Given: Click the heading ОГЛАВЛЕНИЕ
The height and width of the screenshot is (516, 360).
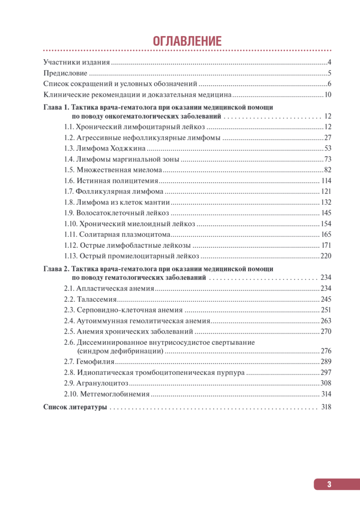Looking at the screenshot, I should (x=187, y=41).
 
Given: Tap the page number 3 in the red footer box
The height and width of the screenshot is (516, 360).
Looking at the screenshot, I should (x=329, y=484).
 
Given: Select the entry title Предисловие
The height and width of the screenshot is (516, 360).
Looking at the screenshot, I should (x=65, y=73).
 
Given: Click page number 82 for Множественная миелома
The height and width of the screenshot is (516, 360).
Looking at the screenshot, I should (x=327, y=170).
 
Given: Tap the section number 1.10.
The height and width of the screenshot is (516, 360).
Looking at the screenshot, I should (x=71, y=224).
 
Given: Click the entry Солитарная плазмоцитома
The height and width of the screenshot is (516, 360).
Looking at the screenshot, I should (x=125, y=235).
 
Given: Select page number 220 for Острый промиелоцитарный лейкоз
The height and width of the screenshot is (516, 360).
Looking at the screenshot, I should (x=326, y=256).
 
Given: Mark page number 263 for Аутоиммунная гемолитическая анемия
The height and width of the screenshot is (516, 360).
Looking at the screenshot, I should (x=326, y=321).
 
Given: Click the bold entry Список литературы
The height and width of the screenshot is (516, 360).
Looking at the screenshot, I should (x=75, y=407).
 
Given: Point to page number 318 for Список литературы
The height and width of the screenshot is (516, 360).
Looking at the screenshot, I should (x=326, y=407).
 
